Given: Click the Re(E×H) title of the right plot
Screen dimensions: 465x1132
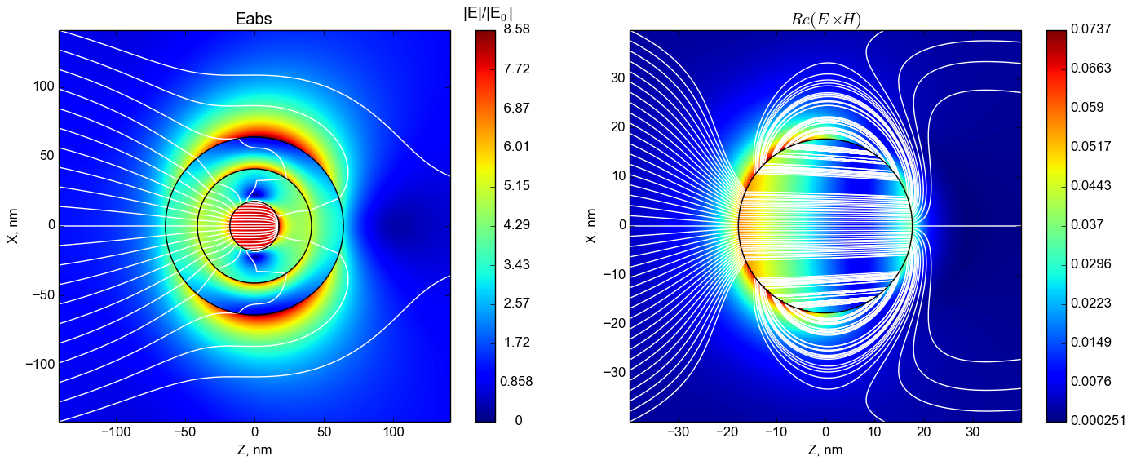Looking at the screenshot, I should [x=825, y=19].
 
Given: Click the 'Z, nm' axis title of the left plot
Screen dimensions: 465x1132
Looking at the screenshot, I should [x=254, y=450].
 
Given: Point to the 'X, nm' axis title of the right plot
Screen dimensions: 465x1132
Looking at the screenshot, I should [x=592, y=225].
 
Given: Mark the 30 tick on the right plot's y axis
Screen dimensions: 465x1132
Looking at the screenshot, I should [x=617, y=78].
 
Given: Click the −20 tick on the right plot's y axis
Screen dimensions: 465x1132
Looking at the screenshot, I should [x=613, y=323].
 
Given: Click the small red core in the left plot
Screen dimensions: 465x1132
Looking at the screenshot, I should [x=254, y=225].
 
